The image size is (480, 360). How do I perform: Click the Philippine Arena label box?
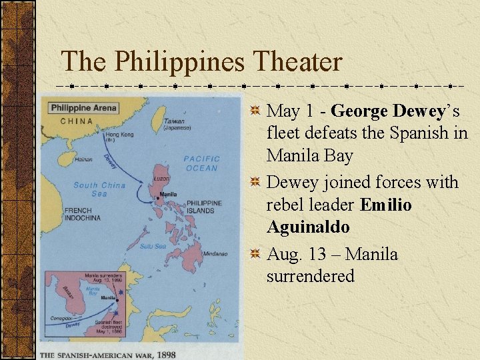[x=83, y=108]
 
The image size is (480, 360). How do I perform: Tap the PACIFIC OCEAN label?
[x=201, y=163]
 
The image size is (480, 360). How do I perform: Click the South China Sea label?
[x=99, y=189]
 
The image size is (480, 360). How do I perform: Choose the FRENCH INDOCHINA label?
[x=82, y=215]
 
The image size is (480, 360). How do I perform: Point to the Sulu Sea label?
[x=153, y=247]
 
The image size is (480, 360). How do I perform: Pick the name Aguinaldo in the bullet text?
[x=308, y=227]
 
